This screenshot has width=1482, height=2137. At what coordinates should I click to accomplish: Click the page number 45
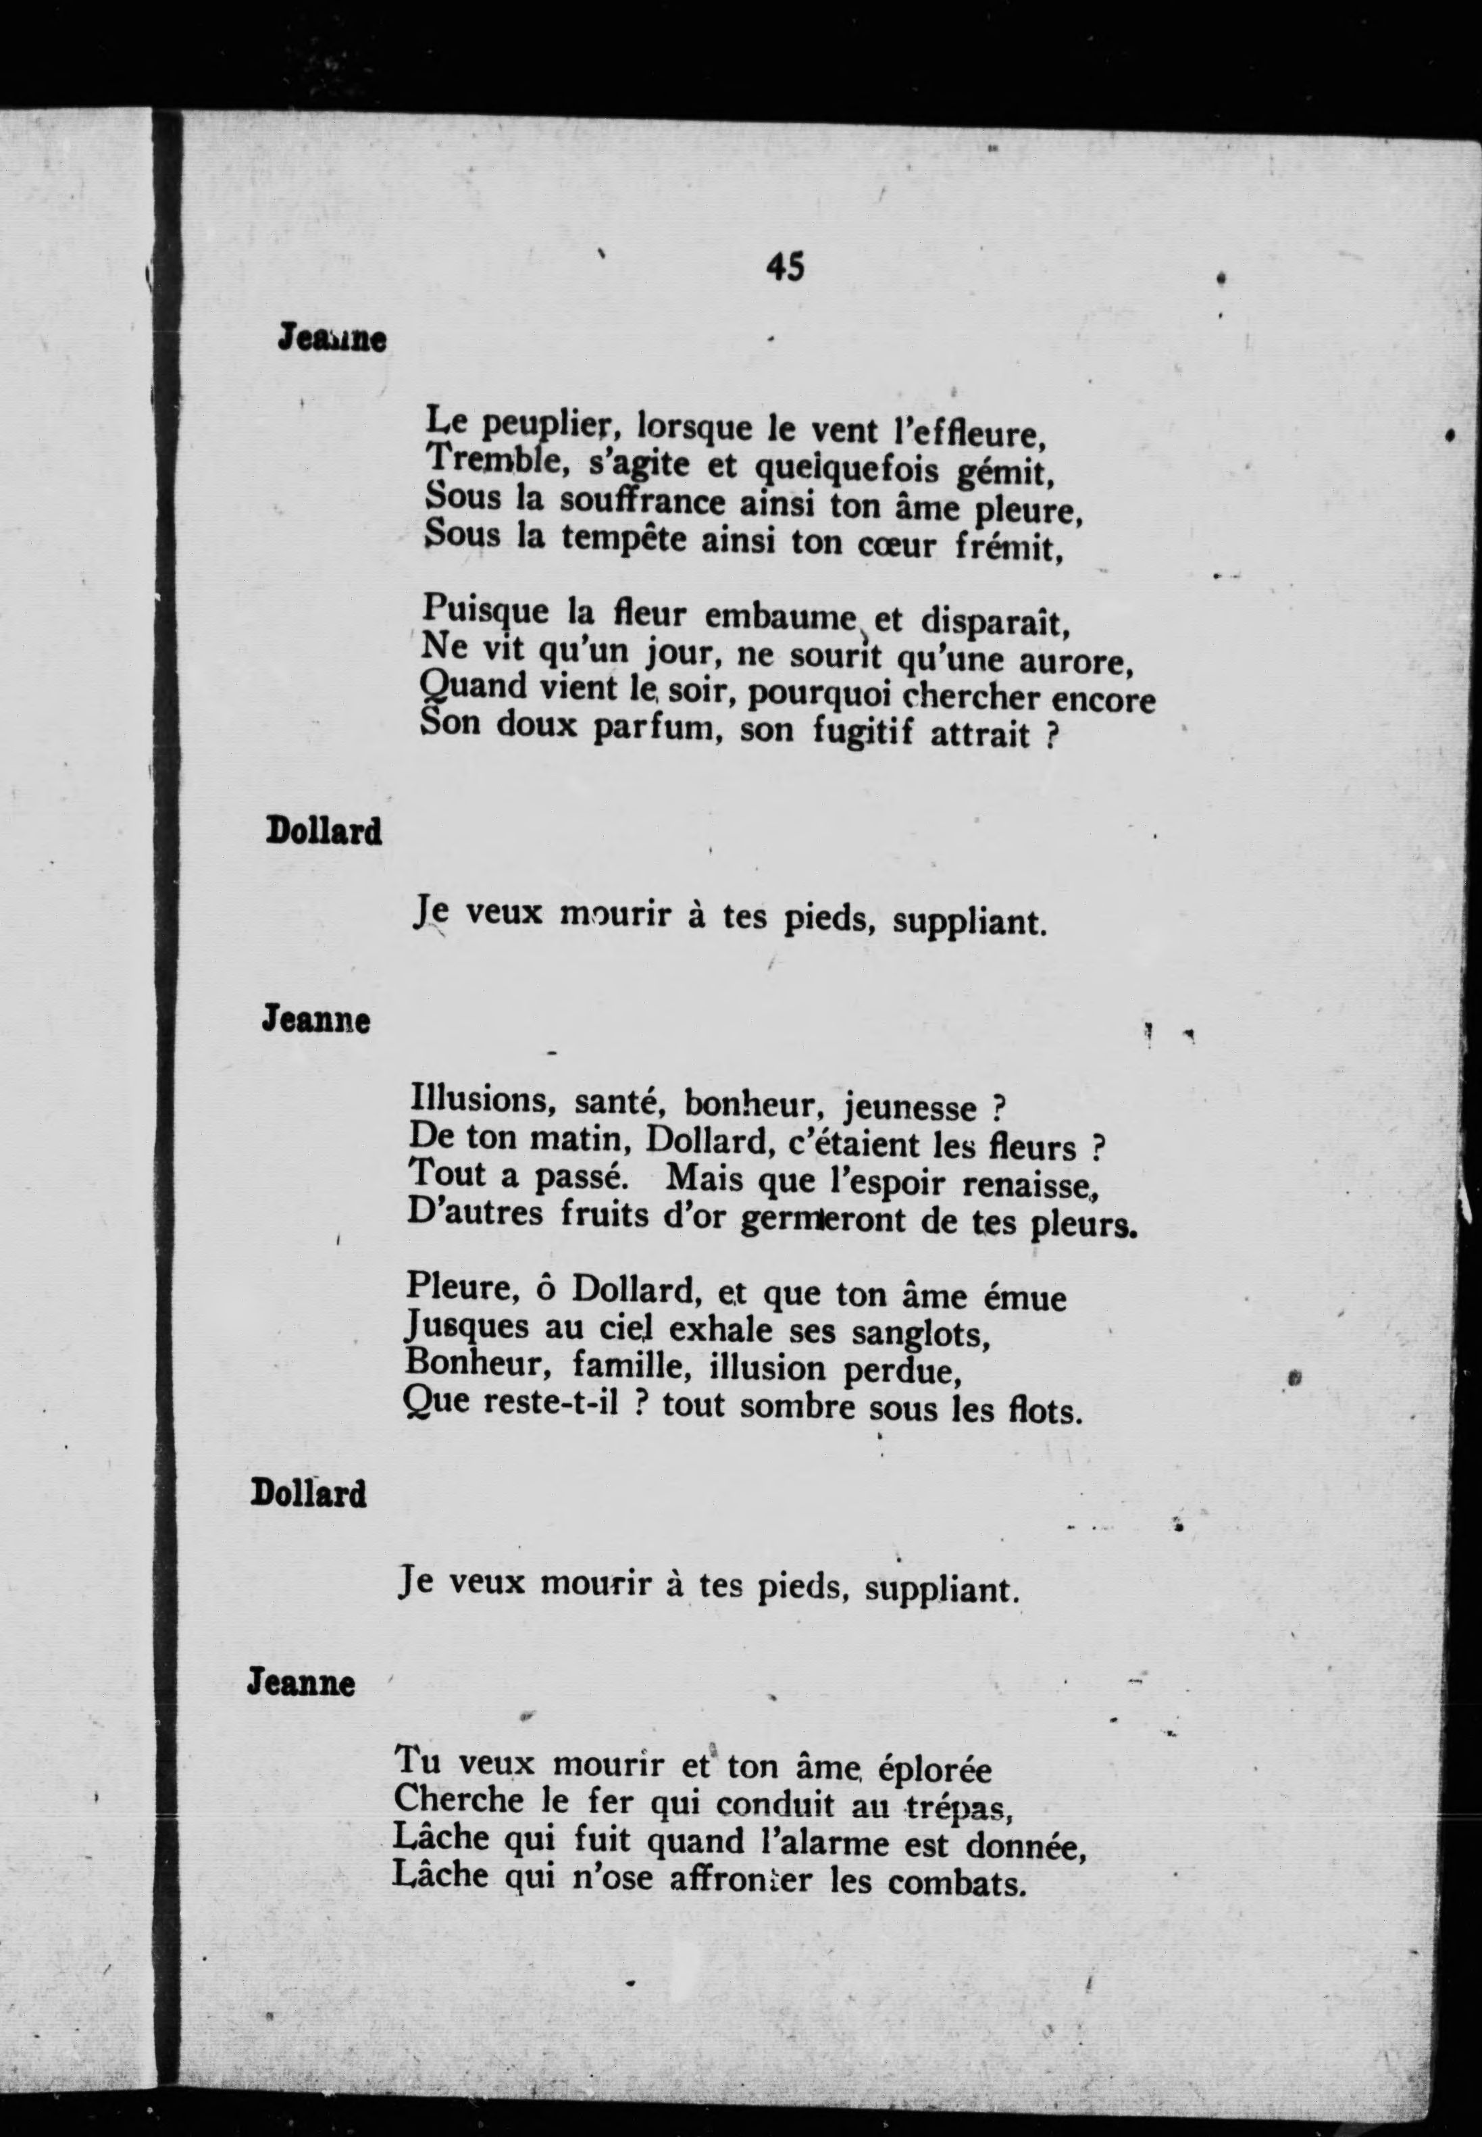785,268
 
